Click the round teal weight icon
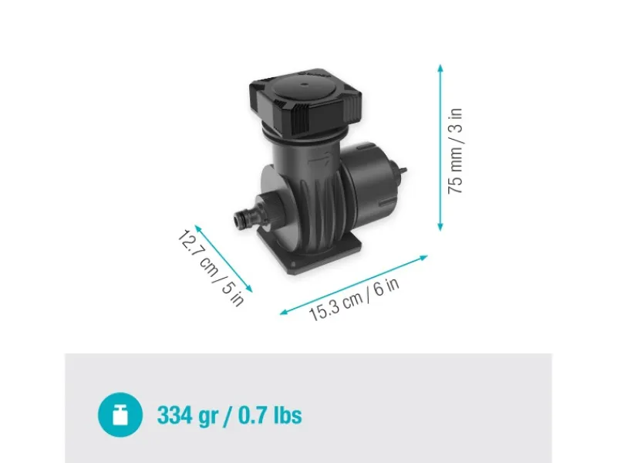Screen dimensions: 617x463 click(120, 414)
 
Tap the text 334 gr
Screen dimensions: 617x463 click(187, 416)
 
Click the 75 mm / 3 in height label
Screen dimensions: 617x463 click(455, 150)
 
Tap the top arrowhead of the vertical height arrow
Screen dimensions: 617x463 click(440, 68)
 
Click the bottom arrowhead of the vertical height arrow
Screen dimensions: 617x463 click(440, 227)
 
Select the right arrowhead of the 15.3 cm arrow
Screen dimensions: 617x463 click(423, 258)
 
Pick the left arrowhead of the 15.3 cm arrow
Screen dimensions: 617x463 click(284, 313)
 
